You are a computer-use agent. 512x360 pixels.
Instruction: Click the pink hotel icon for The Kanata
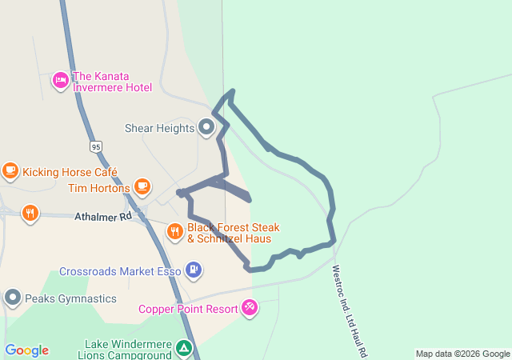point(61,80)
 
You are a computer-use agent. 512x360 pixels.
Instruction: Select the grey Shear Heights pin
point(206,127)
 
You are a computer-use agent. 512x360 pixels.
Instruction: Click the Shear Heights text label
point(159,128)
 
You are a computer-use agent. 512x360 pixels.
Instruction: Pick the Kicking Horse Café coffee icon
point(10,170)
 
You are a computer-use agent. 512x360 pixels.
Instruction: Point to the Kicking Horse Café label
point(70,172)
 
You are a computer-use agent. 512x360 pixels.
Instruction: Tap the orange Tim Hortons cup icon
point(142,187)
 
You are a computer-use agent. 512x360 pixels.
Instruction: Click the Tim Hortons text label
point(98,188)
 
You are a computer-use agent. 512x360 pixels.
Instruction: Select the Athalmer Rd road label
point(102,216)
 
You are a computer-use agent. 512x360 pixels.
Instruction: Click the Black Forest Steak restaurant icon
point(175,232)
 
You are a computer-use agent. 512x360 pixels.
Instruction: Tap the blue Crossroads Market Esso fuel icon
point(194,270)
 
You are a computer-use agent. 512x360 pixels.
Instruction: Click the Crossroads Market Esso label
point(120,271)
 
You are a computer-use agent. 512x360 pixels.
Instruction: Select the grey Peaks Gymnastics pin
point(12,298)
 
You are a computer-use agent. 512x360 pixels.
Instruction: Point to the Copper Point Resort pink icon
point(250,307)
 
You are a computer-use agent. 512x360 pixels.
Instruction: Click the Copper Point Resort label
point(187,309)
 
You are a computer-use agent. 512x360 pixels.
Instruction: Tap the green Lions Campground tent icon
point(184,349)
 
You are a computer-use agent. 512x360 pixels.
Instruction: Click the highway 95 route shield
point(96,146)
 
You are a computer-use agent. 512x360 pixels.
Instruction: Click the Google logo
point(27,350)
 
